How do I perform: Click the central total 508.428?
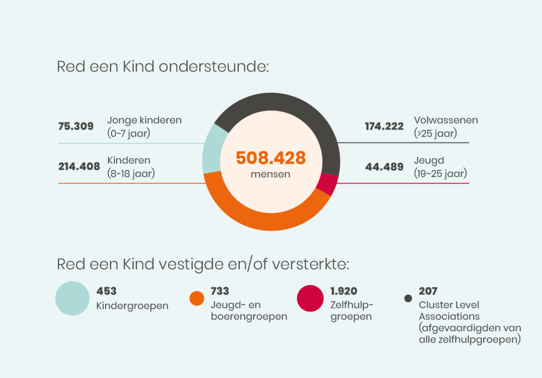271,158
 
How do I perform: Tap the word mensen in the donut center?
270,175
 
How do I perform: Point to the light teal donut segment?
212,149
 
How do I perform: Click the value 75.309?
76,126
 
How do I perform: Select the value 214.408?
79,166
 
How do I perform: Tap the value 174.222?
384,126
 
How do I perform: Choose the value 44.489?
384,167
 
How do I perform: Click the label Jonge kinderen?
144,121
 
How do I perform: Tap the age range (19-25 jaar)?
440,174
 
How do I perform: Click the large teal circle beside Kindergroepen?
72,298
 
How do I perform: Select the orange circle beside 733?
197,298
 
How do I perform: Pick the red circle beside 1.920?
311,298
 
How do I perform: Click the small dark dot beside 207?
408,299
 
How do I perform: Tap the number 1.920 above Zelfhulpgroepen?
343,291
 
